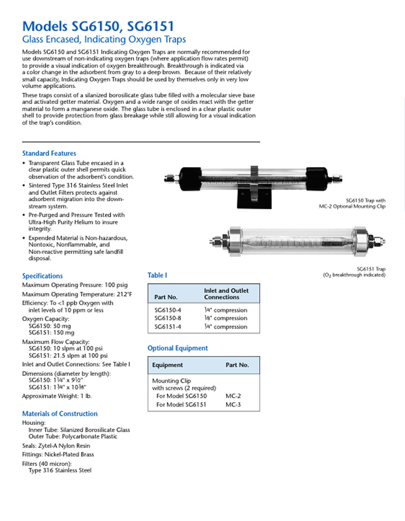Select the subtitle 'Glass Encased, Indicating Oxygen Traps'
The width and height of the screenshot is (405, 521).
(104, 40)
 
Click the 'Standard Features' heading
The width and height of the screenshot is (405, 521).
(49, 153)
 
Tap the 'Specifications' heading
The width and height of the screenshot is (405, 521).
(43, 276)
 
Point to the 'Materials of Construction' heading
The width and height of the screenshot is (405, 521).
(60, 414)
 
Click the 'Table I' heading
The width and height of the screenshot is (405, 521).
(157, 275)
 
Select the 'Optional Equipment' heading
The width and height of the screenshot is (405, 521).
(178, 348)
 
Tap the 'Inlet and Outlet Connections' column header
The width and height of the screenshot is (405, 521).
(226, 294)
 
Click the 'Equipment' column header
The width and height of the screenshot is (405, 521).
(167, 365)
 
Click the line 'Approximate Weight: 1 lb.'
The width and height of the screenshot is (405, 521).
(57, 396)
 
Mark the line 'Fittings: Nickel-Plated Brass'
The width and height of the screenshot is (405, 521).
(58, 454)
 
